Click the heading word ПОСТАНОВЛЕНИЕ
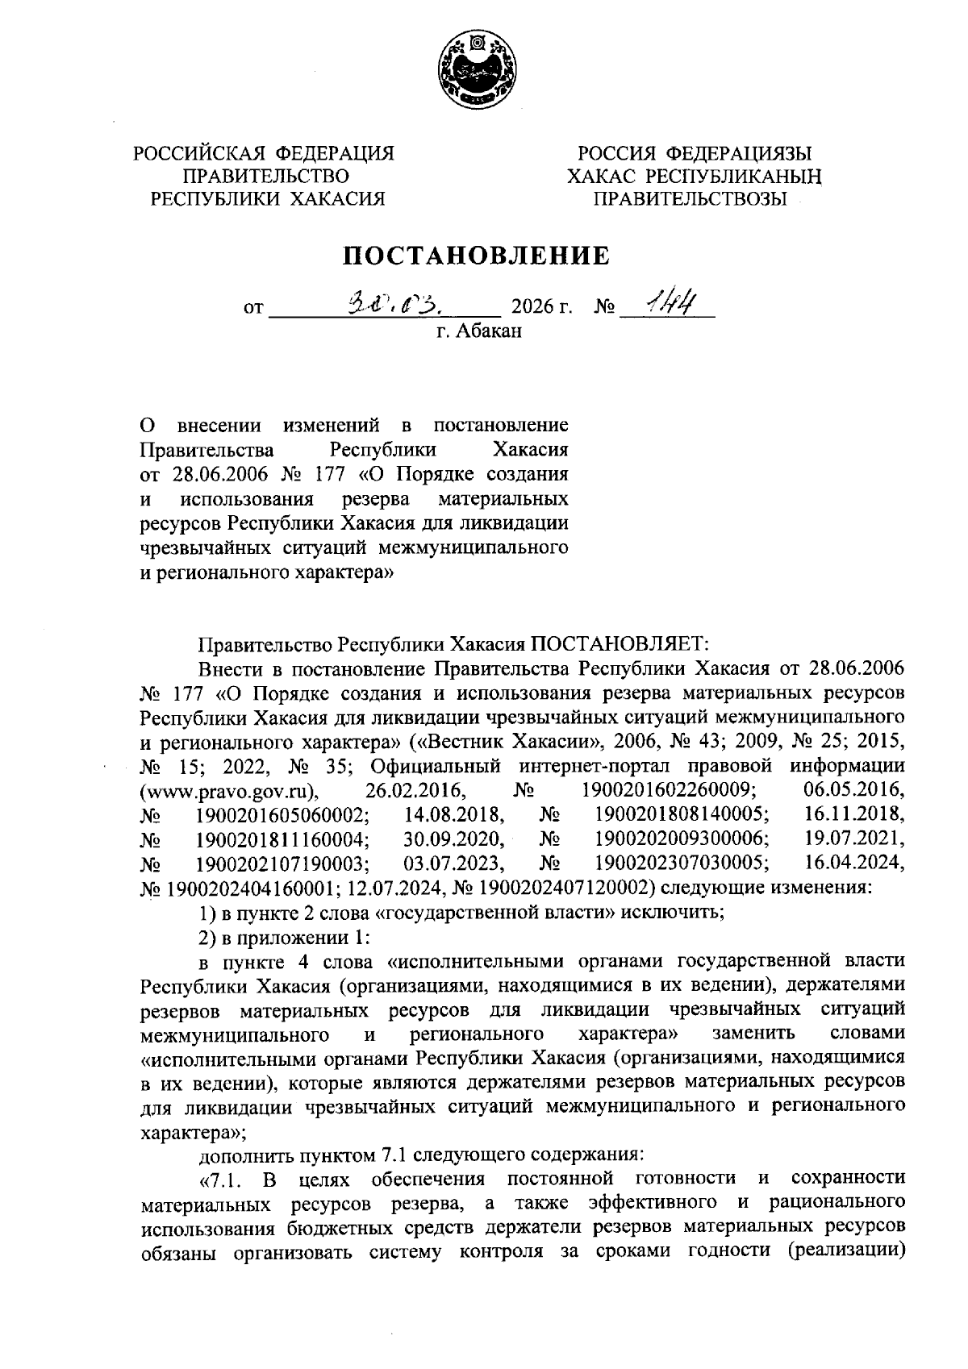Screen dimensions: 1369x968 click(476, 256)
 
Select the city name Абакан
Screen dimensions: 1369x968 click(489, 331)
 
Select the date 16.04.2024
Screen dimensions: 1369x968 click(855, 864)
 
